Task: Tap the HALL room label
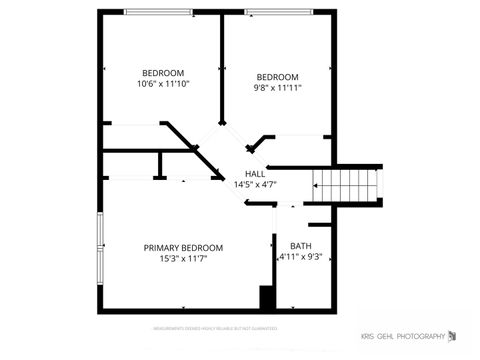[255, 173]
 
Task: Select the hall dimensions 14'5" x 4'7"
[255, 184]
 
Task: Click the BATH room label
[300, 246]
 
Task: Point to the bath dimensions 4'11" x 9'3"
[300, 257]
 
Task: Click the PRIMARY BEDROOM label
[183, 248]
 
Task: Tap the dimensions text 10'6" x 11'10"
[163, 84]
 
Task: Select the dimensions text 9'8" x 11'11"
[277, 88]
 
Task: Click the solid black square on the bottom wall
[266, 298]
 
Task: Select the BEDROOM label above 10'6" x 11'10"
[163, 73]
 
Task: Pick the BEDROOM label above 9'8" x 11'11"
[277, 77]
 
